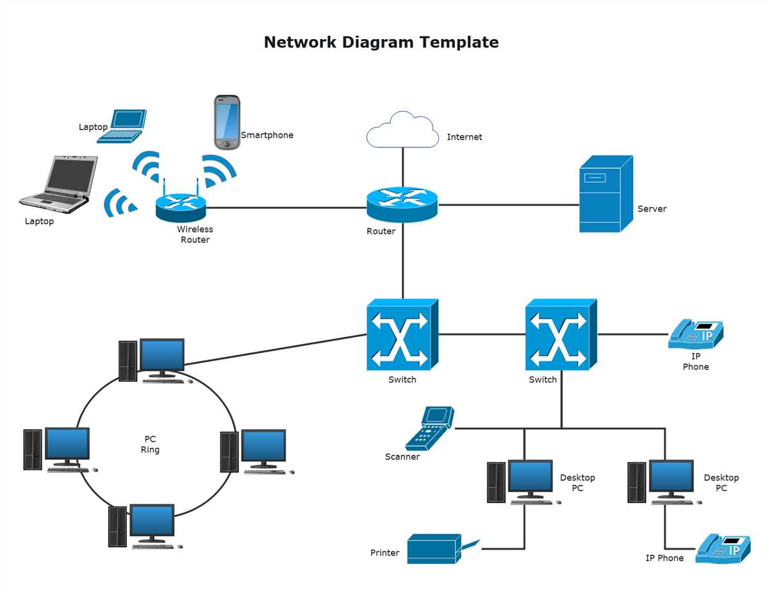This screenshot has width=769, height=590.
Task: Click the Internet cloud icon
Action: tap(402, 130)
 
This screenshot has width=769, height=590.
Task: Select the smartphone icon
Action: tap(226, 122)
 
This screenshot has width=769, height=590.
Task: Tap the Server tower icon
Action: tap(605, 194)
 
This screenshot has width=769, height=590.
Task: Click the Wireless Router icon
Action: tap(181, 206)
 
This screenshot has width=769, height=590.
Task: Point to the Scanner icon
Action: tap(429, 428)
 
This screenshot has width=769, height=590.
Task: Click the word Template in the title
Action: tap(459, 42)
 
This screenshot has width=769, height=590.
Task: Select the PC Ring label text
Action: tap(150, 444)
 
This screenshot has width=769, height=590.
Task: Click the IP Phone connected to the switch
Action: tap(696, 334)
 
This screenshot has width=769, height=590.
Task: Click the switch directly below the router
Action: tap(402, 334)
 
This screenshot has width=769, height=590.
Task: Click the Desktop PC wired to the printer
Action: tap(520, 481)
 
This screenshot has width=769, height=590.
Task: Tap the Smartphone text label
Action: tap(267, 135)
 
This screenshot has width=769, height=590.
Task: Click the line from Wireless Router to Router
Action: tap(285, 208)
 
